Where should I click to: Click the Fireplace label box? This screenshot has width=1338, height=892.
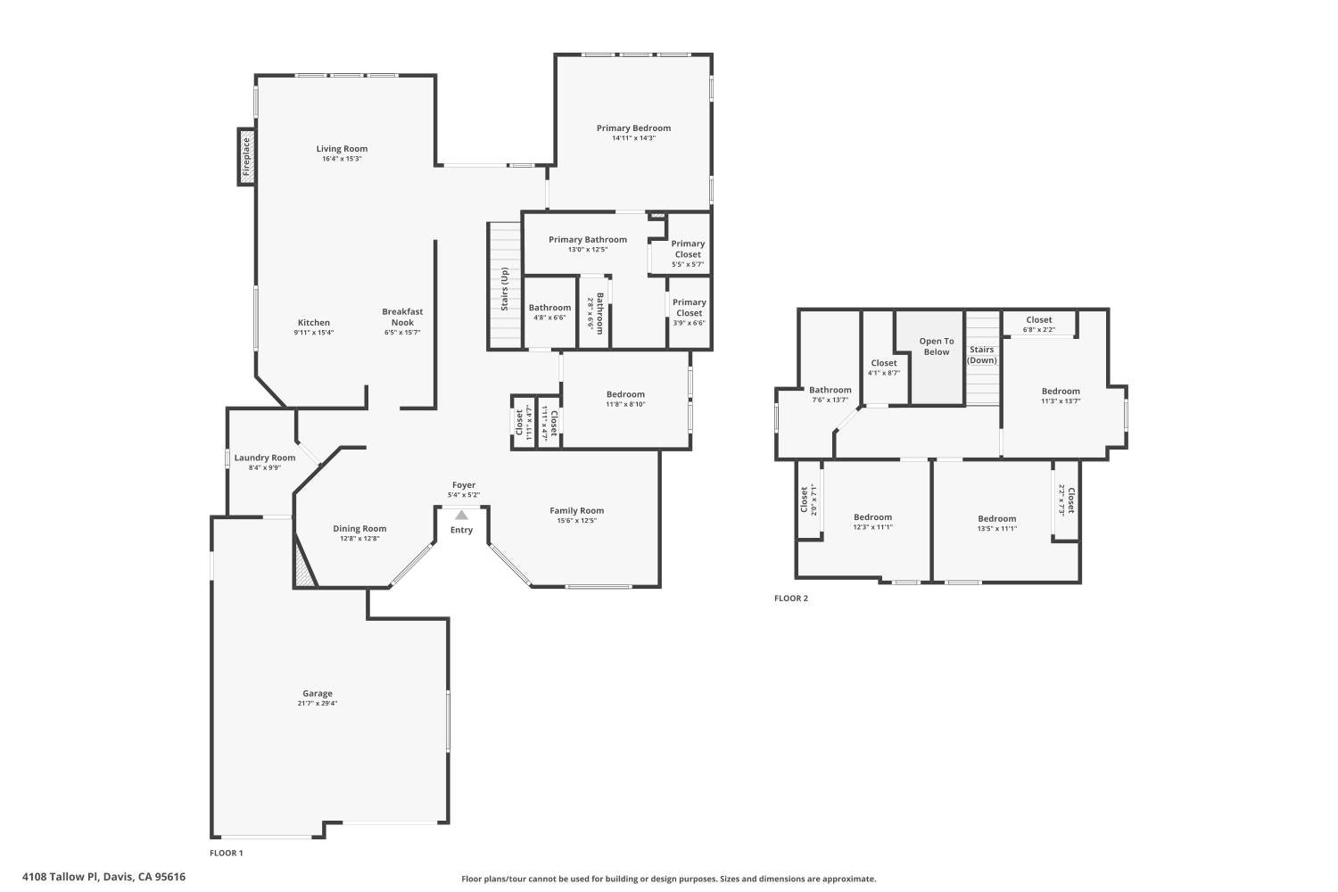(246, 157)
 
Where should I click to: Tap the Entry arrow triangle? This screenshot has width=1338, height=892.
(461, 515)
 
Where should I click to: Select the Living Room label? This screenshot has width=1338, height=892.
(342, 149)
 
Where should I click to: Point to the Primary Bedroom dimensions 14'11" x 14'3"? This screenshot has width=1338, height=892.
(633, 138)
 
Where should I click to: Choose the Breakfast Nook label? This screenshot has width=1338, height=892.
(402, 317)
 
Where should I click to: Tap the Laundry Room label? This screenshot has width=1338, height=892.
(265, 458)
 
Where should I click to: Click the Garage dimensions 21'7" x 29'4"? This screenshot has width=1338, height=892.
(318, 703)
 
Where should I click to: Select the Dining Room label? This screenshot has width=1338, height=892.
(359, 528)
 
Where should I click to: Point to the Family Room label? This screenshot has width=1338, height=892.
(576, 511)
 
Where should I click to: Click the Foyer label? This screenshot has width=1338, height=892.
(464, 485)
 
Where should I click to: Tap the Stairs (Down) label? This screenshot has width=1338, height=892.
(982, 355)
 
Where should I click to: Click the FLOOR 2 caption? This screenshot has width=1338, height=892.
(791, 599)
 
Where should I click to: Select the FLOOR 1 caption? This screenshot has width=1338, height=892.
(227, 853)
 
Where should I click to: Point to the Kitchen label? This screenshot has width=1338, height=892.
(314, 323)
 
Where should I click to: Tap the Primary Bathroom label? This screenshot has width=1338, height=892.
(588, 239)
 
